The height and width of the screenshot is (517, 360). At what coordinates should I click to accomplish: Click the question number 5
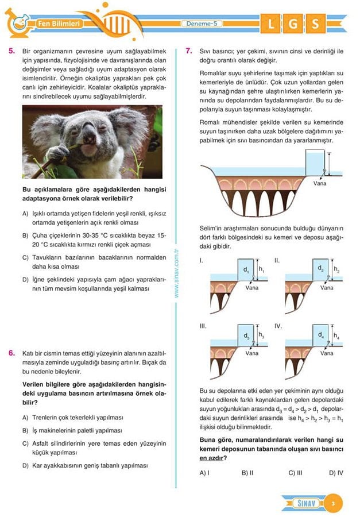point(11,51)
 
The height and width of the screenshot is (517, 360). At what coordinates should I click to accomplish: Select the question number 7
point(189,51)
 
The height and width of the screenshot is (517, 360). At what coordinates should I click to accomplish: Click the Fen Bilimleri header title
point(56,24)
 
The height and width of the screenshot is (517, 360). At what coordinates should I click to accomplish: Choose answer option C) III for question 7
point(296,473)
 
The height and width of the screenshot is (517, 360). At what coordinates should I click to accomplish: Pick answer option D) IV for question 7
point(336,473)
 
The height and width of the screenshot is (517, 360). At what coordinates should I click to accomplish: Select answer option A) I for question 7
point(204,473)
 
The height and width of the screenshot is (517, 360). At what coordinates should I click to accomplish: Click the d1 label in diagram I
point(246,269)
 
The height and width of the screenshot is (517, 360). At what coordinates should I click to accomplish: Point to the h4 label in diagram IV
point(336,335)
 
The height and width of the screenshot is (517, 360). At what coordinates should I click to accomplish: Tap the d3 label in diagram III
point(246,335)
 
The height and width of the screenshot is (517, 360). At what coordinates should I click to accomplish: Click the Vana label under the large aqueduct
point(320,184)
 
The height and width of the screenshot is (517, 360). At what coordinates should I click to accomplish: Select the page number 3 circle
point(333,504)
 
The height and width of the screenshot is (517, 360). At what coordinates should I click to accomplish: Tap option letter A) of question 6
point(25,418)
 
